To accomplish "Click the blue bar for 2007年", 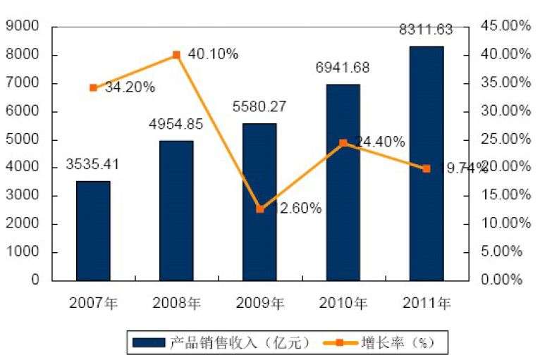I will [x=93, y=231].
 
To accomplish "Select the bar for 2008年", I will [x=176, y=210].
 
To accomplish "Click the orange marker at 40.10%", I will [x=176, y=54].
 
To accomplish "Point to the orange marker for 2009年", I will [x=260, y=209].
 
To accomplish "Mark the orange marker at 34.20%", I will [x=93, y=87].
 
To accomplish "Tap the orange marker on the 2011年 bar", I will [x=427, y=168].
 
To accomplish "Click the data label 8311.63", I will [x=426, y=30].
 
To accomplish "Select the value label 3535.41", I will [x=92, y=166].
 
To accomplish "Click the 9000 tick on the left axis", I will [x=25, y=27].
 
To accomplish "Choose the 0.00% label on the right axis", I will [x=503, y=280].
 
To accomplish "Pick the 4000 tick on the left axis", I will [x=25, y=168].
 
